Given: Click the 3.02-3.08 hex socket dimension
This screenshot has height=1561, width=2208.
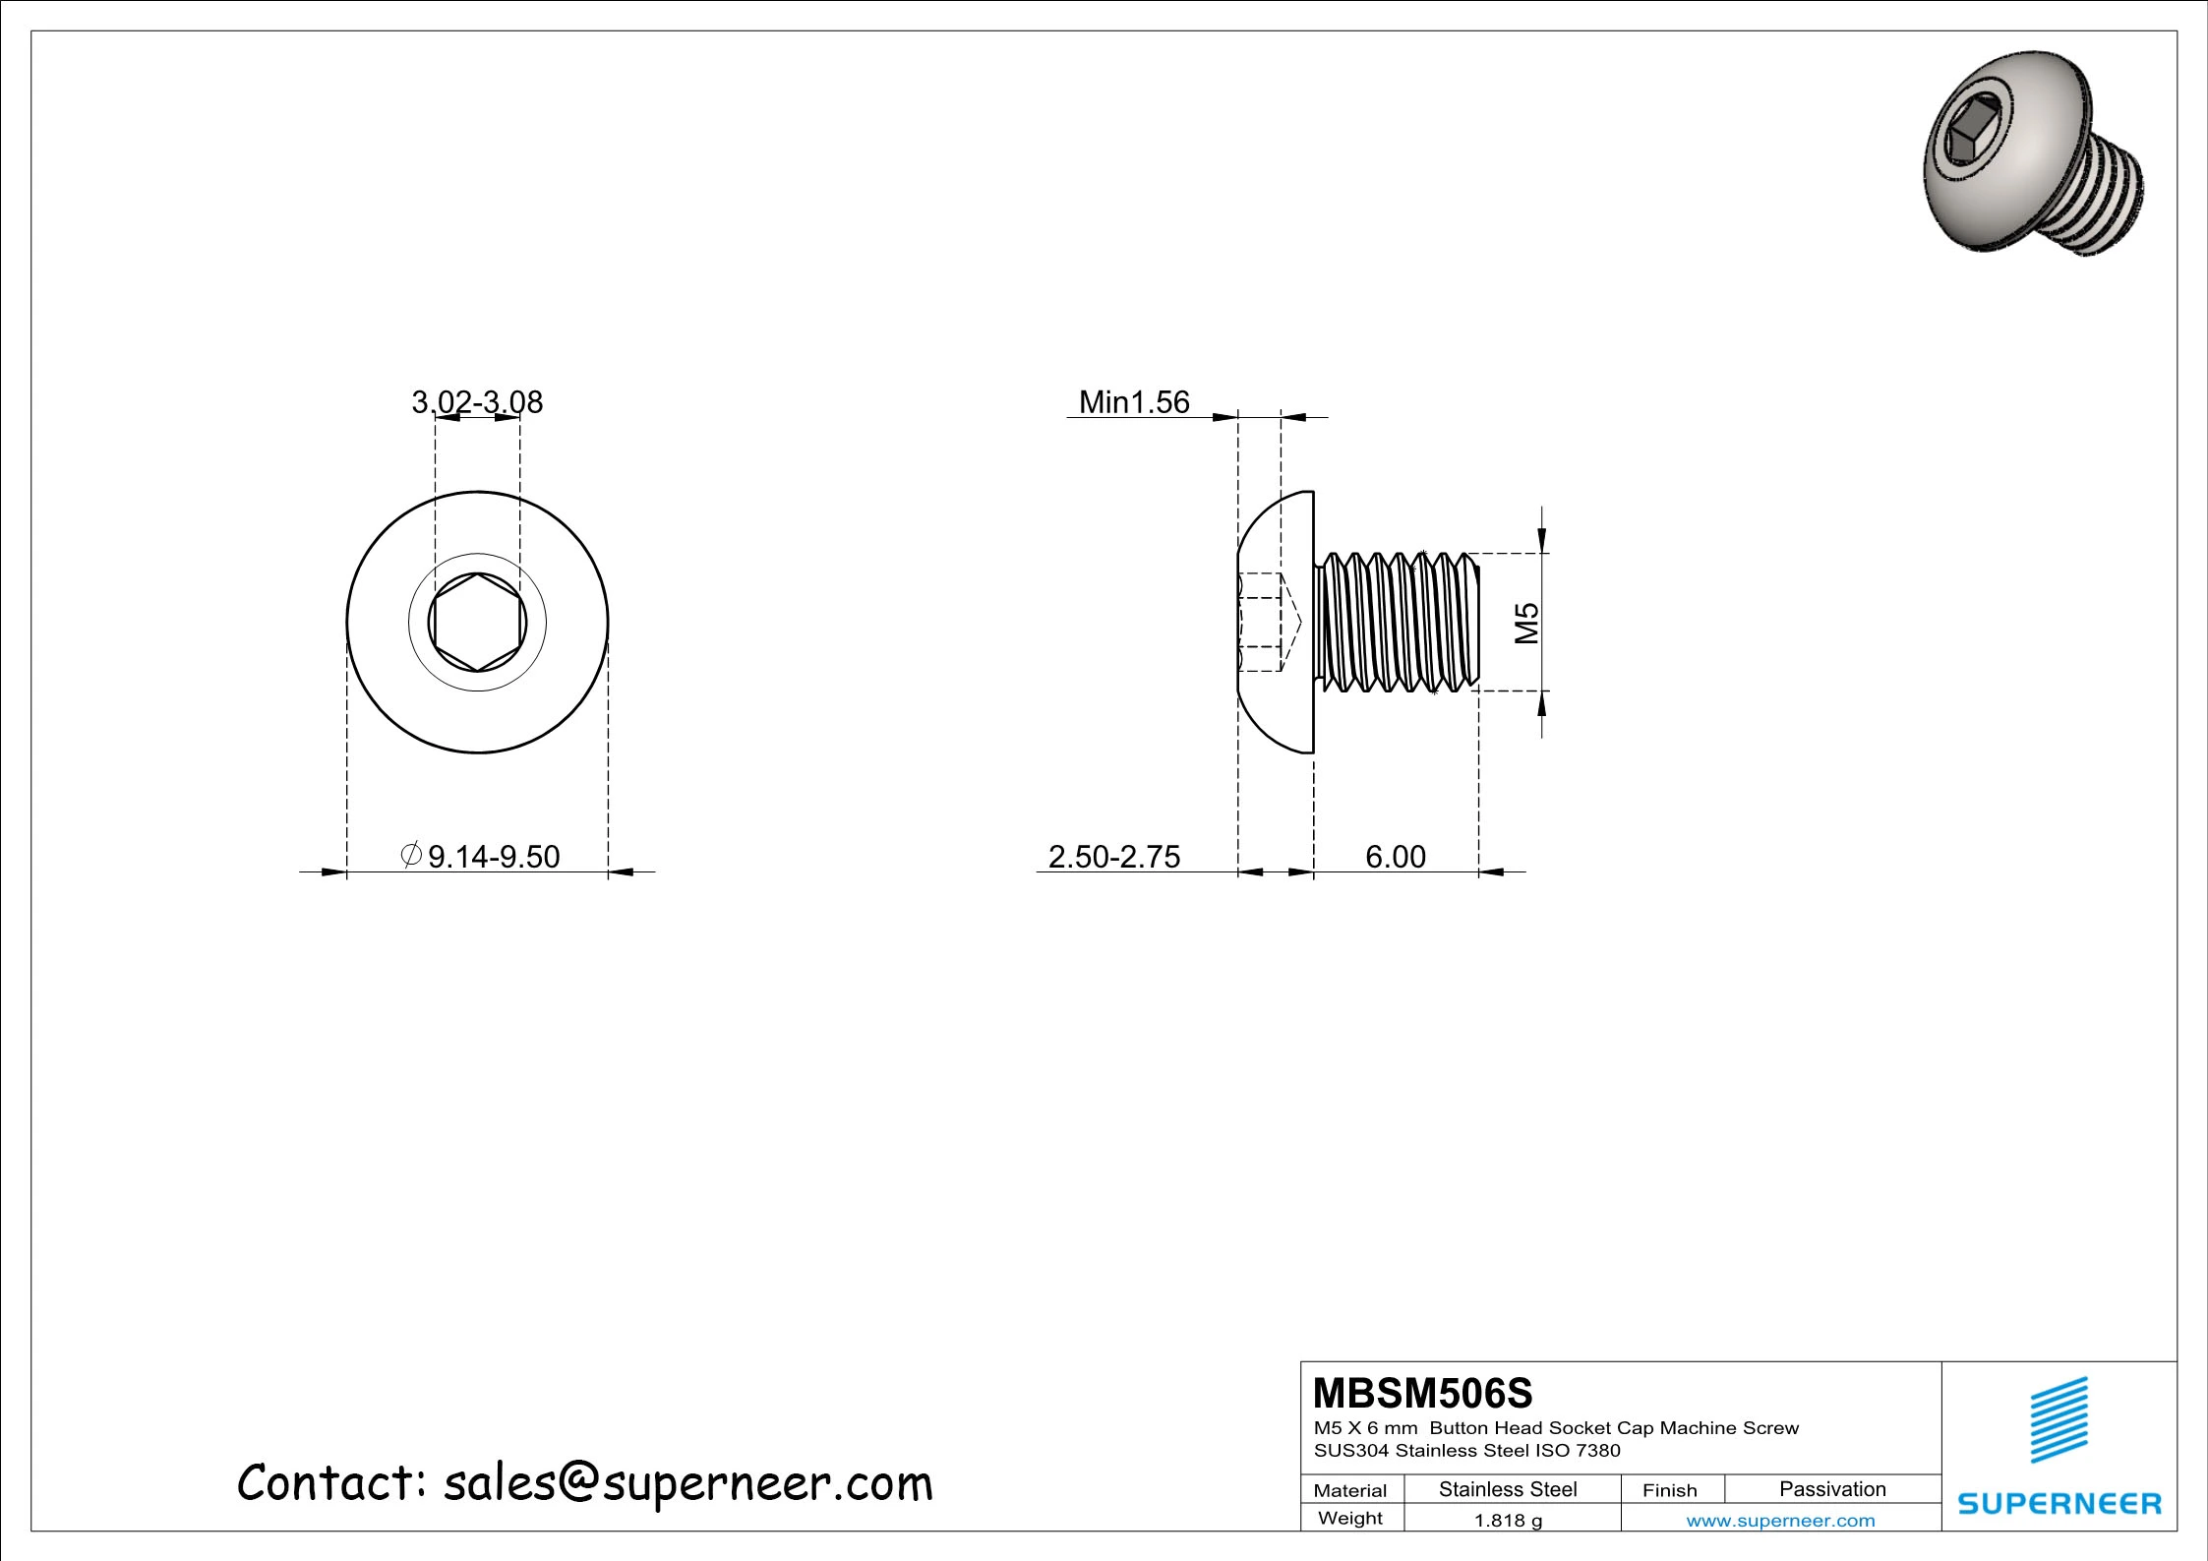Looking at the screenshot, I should coord(477,401).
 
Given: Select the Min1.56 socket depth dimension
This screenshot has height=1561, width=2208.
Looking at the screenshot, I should coord(1133,401).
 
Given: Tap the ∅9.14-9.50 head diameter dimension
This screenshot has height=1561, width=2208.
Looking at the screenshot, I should coord(482,856).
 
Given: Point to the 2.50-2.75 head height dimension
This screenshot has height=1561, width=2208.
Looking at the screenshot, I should coord(1113,856).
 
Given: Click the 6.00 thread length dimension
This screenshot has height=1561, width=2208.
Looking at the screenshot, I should coord(1395,856).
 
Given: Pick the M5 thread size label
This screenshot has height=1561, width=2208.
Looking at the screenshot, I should coord(1525,623).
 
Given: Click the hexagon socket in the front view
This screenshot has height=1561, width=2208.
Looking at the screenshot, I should coord(477,623).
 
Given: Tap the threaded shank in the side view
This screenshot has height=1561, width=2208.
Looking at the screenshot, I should coord(1397,623).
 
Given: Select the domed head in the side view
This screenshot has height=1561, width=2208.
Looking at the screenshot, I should coord(1277,623).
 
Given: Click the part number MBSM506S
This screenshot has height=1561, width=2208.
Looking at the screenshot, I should coord(1422,1393).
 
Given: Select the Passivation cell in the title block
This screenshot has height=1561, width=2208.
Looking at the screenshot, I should coord(1832,1489).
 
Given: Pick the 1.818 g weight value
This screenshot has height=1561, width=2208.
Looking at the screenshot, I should coord(1508,1521).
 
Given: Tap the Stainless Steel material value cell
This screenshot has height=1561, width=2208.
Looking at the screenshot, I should coord(1508,1489).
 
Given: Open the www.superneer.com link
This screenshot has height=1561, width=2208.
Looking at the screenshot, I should coord(1780,1521).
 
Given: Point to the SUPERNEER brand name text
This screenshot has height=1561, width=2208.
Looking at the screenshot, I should coord(2059,1503).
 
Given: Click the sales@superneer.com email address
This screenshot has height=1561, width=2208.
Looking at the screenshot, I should coord(687,1483).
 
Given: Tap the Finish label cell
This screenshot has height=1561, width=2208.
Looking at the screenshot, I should coord(1669,1490).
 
